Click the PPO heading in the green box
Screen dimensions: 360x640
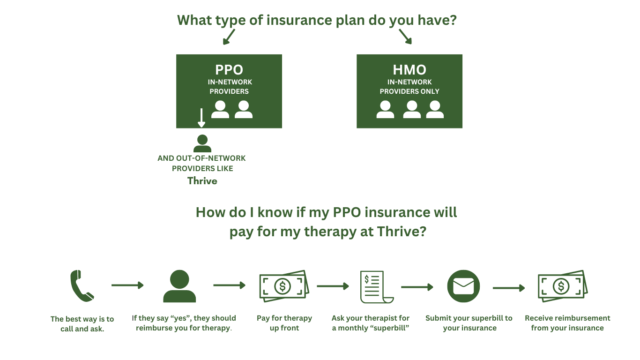tap(229, 70)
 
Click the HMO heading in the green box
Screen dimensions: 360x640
tap(409, 70)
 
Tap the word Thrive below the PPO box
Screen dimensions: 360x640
tap(202, 181)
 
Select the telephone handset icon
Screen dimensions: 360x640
tap(82, 285)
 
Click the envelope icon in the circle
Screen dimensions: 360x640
tap(463, 286)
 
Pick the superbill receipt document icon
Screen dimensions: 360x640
tap(375, 286)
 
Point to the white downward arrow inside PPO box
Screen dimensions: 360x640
tap(201, 118)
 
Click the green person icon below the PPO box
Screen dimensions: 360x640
tap(202, 143)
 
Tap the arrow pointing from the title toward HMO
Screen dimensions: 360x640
tap(405, 37)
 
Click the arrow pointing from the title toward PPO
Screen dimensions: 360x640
tap(229, 37)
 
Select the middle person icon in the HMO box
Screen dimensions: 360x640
tap(411, 109)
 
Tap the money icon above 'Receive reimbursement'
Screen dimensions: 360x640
tap(562, 286)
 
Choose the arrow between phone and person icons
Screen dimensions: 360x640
tap(127, 285)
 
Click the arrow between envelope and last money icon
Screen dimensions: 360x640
tap(509, 288)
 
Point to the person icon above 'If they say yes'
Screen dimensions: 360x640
tap(179, 286)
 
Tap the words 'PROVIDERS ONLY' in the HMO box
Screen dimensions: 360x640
tap(409, 91)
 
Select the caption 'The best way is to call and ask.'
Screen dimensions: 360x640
tap(82, 324)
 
